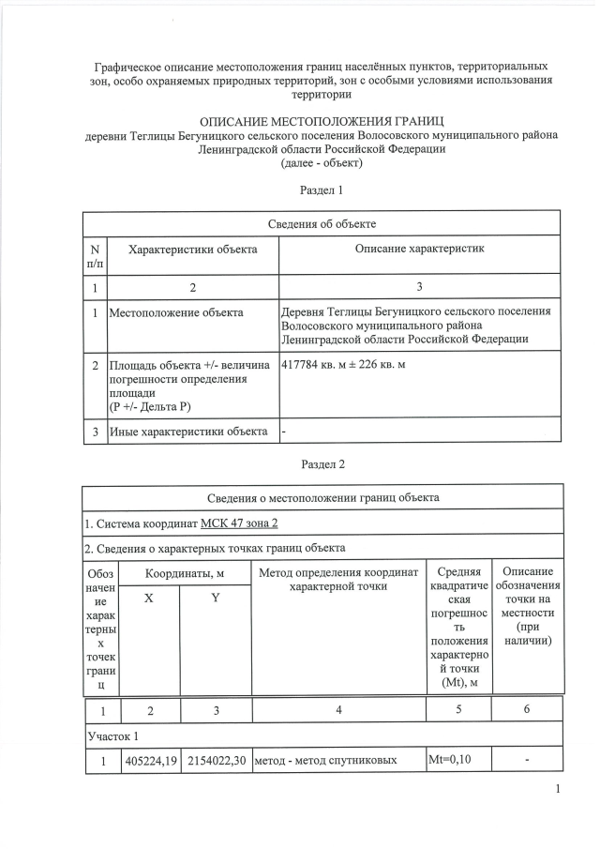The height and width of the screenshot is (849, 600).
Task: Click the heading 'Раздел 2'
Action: [322, 463]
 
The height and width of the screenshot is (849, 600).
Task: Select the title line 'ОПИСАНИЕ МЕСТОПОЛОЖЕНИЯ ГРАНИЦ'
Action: [322, 121]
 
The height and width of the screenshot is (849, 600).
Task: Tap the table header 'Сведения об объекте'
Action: [322, 223]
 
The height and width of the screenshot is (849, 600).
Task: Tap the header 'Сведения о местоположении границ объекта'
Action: [322, 497]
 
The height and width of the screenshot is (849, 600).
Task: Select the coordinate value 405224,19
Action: [151, 760]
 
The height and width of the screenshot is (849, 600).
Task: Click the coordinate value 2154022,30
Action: [216, 760]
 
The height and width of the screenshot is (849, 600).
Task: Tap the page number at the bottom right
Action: [558, 788]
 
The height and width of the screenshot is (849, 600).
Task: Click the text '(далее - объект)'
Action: [322, 163]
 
